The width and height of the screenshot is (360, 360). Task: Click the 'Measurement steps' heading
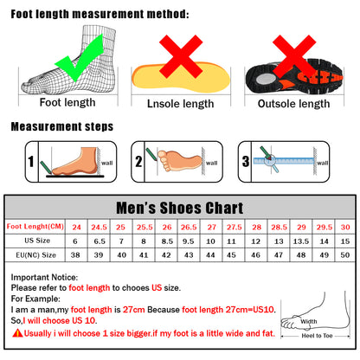[61, 126]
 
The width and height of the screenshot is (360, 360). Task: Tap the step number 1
[31, 161]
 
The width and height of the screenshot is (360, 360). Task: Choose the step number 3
[245, 161]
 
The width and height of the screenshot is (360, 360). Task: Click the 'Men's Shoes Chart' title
[179, 208]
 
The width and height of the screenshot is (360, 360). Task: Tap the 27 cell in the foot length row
[211, 227]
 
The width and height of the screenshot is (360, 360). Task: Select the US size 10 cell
[211, 241]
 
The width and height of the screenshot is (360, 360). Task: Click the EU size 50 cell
[345, 256]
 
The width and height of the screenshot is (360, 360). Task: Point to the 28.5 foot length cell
[278, 227]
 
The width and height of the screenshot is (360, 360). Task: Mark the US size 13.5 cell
[300, 241]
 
